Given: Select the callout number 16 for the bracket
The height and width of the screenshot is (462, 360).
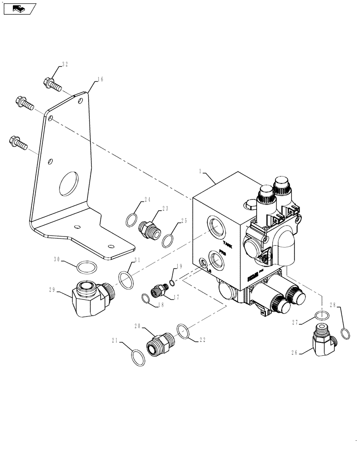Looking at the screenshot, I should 100,79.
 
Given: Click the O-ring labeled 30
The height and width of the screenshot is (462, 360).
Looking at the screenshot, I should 87,267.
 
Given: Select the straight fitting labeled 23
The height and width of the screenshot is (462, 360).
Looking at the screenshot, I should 150,228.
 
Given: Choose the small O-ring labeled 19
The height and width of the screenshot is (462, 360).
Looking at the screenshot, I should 172,283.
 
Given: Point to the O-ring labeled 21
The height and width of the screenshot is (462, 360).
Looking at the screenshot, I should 137,357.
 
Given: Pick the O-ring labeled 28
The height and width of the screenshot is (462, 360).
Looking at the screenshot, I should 344,332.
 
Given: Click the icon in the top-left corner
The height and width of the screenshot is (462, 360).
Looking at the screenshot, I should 19,8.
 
